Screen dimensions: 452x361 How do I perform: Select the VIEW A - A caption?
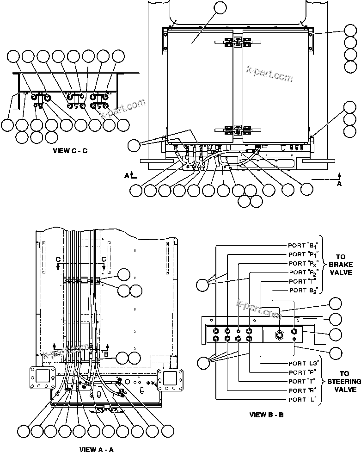pyautogui.click(x=96, y=448)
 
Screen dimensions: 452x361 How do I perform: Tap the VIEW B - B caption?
pyautogui.click(x=266, y=415)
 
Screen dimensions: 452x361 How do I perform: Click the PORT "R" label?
pyautogui.click(x=303, y=390)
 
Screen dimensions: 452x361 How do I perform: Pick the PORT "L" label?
pyautogui.click(x=303, y=399)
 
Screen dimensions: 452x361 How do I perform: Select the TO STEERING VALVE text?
pyautogui.click(x=344, y=381)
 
